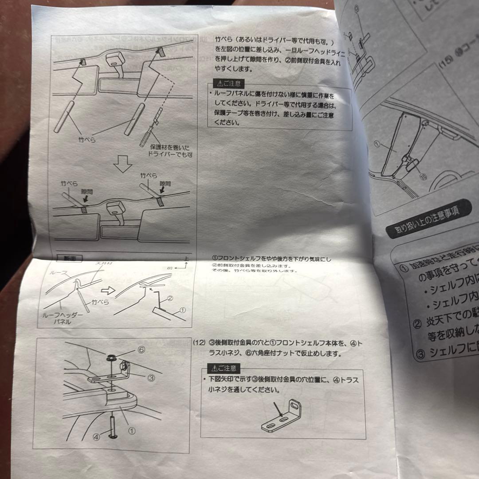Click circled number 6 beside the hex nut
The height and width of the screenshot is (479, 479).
[141, 349]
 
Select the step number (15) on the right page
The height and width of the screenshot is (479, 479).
[445, 63]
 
